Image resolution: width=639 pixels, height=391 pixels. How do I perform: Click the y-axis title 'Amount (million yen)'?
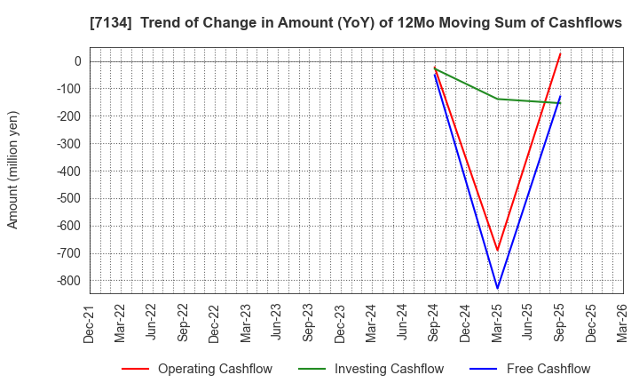(x=13, y=170)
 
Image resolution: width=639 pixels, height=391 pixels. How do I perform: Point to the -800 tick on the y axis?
(x=67, y=281)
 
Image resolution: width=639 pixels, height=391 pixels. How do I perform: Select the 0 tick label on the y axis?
(x=77, y=61)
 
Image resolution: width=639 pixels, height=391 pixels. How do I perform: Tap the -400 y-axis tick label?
(x=67, y=171)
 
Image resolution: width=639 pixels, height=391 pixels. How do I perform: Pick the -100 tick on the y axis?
(x=67, y=89)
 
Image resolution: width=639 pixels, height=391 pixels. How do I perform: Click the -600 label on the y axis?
(x=67, y=226)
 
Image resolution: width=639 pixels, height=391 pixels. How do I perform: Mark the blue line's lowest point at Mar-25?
(x=497, y=288)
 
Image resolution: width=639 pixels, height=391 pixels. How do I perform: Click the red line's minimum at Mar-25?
(x=497, y=251)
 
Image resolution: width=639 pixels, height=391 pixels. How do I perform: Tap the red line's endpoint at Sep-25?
(x=560, y=53)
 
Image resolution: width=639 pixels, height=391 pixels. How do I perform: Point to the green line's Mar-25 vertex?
(x=497, y=99)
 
